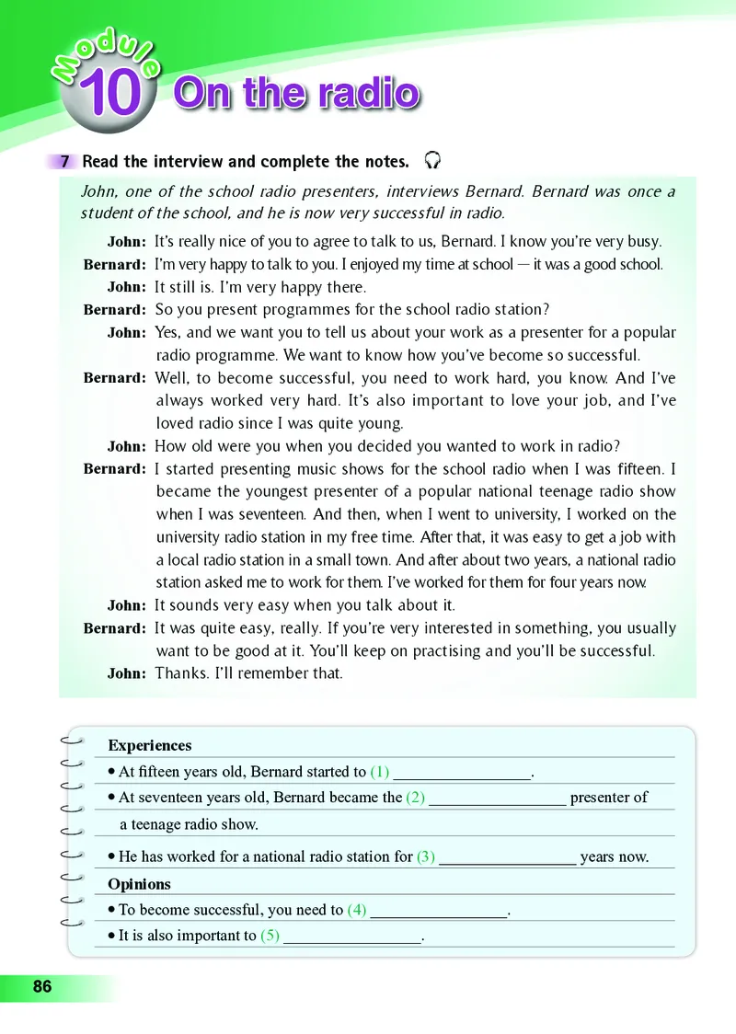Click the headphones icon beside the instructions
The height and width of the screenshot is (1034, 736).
point(432,161)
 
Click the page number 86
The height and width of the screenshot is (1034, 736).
point(42,987)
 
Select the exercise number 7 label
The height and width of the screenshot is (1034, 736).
point(65,162)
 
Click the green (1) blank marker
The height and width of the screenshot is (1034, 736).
point(380,772)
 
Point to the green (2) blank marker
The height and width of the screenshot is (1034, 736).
point(415,797)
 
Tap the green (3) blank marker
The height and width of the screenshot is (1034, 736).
point(426,856)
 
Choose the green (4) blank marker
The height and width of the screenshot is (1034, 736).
point(357,910)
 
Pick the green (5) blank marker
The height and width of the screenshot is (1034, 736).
point(270,936)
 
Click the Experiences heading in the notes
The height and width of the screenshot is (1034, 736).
point(150,745)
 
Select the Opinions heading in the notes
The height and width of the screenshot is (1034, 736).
point(139,884)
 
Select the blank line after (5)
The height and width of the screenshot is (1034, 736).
point(351,937)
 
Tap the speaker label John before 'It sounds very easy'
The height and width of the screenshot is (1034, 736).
point(126,605)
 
